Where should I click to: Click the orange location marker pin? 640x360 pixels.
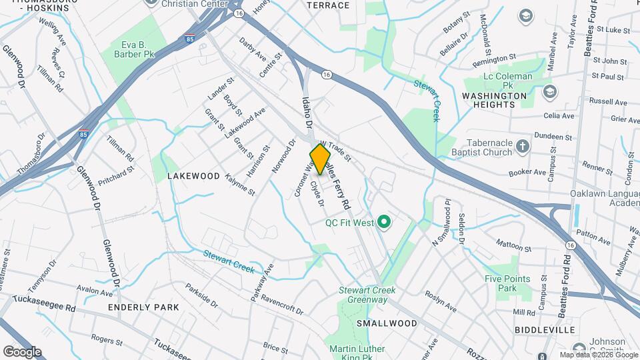[321, 159]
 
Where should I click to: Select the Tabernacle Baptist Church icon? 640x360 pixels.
[523, 146]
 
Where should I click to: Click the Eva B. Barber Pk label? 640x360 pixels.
[138, 50]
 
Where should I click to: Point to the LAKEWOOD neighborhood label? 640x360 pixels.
[193, 176]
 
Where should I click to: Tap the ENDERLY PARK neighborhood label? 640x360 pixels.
[144, 307]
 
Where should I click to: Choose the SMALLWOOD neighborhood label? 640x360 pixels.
[387, 323]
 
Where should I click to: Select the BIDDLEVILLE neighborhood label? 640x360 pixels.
[545, 330]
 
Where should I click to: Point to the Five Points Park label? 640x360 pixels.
[508, 284]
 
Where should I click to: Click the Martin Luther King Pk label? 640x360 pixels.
[357, 354]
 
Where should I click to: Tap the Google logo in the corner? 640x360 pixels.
[22, 351]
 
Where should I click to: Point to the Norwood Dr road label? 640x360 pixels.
[283, 157]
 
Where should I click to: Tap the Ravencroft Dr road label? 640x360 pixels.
[282, 305]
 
